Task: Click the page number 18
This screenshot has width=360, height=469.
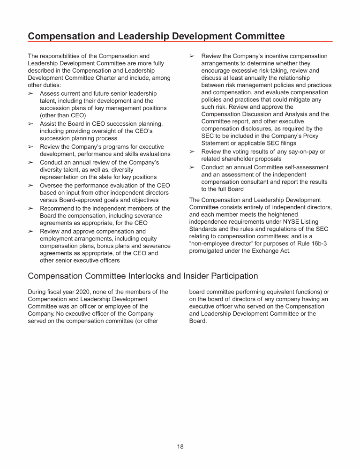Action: pos(180,446)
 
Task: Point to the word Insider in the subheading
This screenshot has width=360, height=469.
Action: pos(195,276)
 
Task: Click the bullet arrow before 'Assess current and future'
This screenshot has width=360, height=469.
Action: pos(31,93)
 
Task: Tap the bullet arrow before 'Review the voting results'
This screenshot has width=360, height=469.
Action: pos(192,151)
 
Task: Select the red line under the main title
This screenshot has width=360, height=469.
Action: pos(180,42)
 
